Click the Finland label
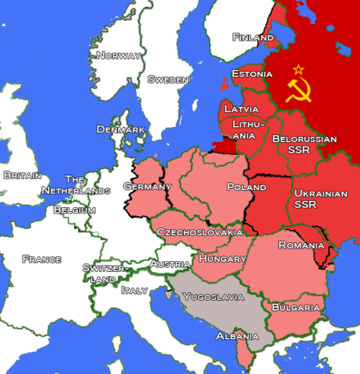(x=251, y=37)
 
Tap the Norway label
(x=118, y=55)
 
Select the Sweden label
(x=168, y=79)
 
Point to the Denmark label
(x=121, y=129)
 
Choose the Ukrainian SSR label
(x=320, y=198)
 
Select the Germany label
(x=147, y=186)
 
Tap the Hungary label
(x=222, y=258)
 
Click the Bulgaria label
(x=295, y=308)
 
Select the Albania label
(x=237, y=336)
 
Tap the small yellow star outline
(x=298, y=70)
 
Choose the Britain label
(x=22, y=175)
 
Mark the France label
(x=42, y=259)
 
